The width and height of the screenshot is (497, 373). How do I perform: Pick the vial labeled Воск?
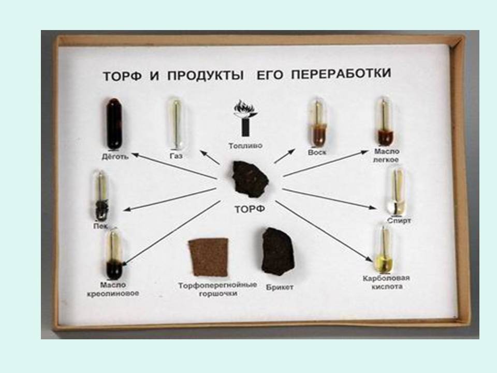(x=317, y=122)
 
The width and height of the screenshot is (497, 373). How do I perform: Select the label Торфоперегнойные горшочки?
(x=217, y=289)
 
